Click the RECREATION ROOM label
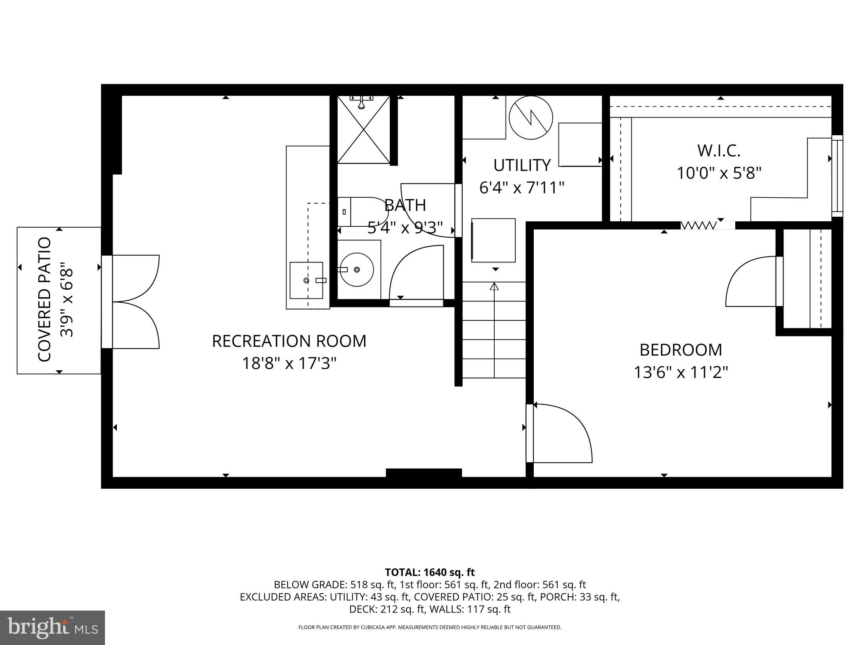tap(289, 341)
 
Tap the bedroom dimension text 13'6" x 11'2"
tap(680, 372)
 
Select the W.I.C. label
tap(718, 150)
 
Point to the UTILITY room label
tap(522, 165)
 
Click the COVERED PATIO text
tap(45, 299)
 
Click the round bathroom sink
tap(357, 269)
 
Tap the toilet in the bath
tap(361, 212)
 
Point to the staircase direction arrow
tap(494, 287)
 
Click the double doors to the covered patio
tap(134, 302)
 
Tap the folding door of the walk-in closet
tap(698, 225)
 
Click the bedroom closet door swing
tap(752, 281)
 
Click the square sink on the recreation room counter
tap(307, 280)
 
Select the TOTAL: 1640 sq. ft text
tap(430, 572)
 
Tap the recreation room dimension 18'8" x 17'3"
tap(289, 363)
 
